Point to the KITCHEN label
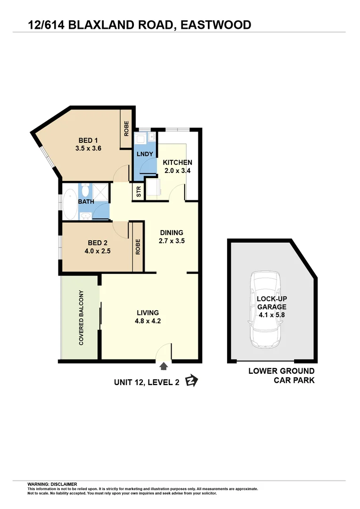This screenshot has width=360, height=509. tap(178, 163)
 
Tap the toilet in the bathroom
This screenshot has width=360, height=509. tap(85, 190)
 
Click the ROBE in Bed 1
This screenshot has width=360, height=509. tap(126, 129)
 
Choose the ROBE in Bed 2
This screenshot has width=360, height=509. tap(138, 247)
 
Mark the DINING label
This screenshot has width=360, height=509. tap(172, 232)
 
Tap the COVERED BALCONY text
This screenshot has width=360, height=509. tap(81, 318)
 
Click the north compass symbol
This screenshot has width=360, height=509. tap(191, 381)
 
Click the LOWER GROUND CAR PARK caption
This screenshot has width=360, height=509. tap(281, 376)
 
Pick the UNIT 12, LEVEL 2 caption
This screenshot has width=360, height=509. tap(147, 383)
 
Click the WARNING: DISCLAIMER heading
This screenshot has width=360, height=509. tap(52, 484)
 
